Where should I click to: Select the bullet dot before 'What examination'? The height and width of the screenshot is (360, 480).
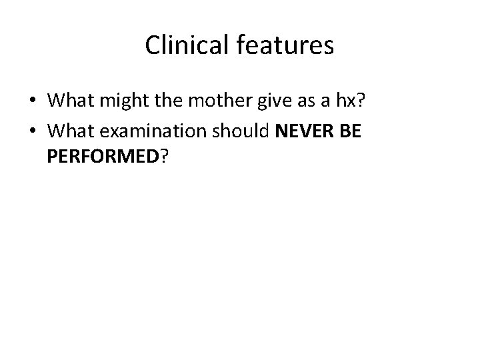point(32,131)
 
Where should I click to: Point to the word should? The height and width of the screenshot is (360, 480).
point(242,131)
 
